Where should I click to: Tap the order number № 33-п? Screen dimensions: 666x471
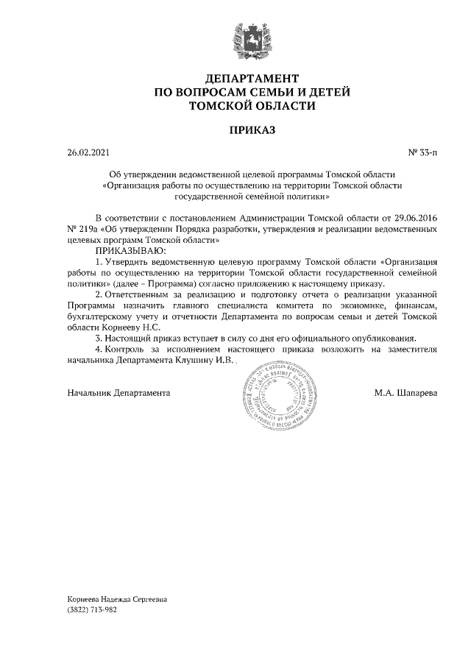point(422,153)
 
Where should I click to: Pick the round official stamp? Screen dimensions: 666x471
point(272,393)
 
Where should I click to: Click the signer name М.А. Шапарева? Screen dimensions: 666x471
point(406,393)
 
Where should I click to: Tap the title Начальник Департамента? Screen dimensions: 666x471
point(118,393)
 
